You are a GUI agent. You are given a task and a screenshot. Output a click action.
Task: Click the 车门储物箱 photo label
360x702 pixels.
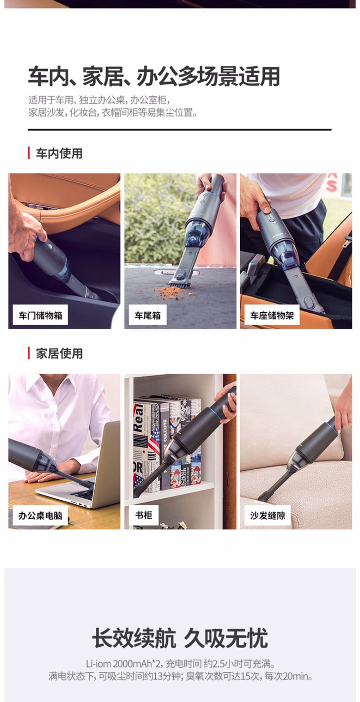tap(40, 315)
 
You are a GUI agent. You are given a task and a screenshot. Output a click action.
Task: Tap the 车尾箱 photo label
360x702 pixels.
tap(147, 315)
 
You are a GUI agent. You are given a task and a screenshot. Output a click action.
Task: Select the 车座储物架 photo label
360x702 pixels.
tap(272, 315)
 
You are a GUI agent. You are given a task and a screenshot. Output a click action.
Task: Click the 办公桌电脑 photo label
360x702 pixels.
tap(40, 515)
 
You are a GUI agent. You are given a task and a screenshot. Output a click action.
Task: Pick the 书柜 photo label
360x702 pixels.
tap(144, 515)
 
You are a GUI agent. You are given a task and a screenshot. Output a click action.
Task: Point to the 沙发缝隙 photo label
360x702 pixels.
tap(267, 515)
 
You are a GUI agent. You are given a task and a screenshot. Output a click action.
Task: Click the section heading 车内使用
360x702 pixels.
tap(59, 153)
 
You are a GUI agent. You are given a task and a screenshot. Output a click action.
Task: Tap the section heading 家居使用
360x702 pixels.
tap(59, 353)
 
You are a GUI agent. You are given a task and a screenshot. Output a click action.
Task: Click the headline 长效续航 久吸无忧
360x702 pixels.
tap(180, 638)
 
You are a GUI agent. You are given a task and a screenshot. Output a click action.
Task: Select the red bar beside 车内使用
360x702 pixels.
tap(29, 153)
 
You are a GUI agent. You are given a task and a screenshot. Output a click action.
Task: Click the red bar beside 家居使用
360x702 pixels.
tap(29, 353)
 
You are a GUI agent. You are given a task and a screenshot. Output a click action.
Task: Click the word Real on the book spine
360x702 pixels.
tap(138, 418)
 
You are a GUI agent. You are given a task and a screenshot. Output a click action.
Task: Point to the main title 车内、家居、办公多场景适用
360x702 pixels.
tap(154, 76)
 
